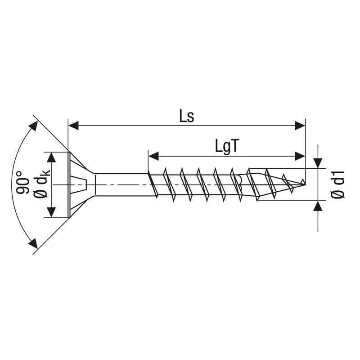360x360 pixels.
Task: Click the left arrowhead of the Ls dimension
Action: (73, 126)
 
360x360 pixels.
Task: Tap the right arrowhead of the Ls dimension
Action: (300, 126)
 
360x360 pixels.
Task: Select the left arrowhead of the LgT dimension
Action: (153, 156)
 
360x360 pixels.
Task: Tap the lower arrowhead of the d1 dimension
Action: (318, 206)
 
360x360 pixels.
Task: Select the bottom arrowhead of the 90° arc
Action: (32, 243)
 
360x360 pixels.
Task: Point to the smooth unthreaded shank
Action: (121, 184)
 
